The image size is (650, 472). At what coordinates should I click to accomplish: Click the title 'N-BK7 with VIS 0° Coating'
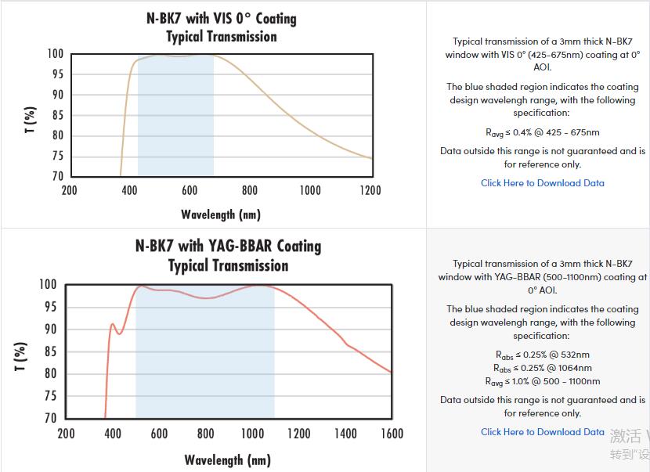pos(222,17)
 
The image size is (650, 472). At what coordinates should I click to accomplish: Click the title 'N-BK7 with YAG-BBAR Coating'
pos(228,246)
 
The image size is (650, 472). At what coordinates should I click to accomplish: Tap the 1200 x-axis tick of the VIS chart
pos(370,190)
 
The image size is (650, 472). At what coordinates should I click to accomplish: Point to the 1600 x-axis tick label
pos(392,433)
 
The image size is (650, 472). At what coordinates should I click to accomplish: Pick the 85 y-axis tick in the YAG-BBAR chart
pos(50,351)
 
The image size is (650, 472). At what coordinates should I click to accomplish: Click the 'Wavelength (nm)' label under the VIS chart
pos(221,214)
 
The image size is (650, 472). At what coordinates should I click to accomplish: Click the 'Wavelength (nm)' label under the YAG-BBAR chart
pos(228,459)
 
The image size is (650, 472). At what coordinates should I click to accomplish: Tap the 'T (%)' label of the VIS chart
pos(30,119)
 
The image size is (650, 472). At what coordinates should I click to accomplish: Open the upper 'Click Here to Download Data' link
pos(542,183)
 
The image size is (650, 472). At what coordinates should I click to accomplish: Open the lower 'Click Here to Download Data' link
pos(542,432)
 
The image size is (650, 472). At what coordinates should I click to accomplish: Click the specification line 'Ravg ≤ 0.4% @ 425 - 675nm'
pos(542,133)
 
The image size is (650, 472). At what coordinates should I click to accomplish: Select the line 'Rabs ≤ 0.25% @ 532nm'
pos(542,355)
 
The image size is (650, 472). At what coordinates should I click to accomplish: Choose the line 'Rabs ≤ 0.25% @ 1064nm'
pos(542,368)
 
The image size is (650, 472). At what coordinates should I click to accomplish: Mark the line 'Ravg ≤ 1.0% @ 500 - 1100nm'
pos(542,381)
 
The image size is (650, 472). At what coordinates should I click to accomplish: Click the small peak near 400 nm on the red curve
pos(112,323)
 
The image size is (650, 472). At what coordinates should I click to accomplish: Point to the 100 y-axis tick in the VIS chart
pos(55,54)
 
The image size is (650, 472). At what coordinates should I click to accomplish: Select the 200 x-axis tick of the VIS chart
pos(69,190)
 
